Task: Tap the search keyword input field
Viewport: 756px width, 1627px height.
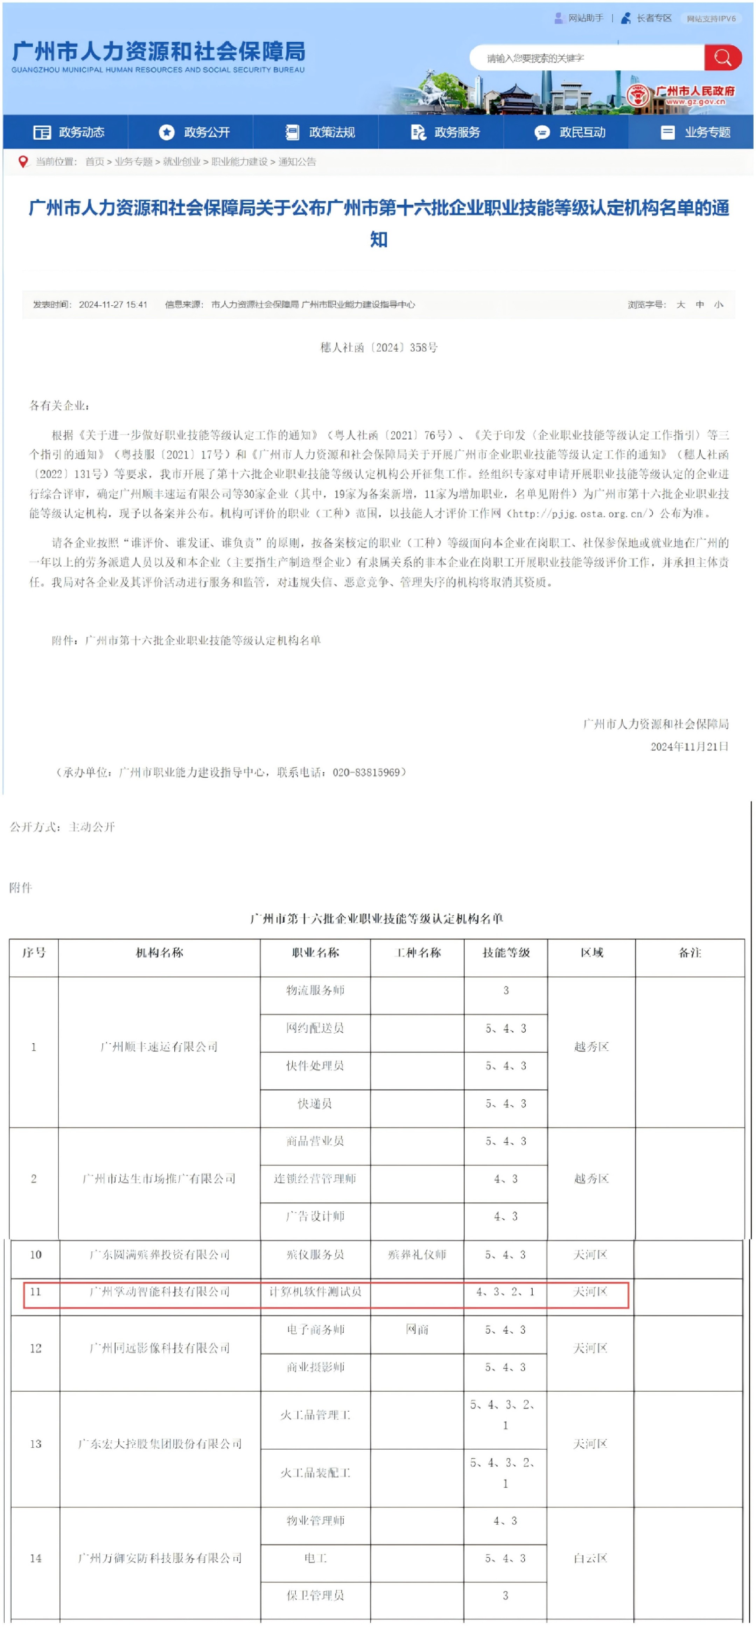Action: coord(587,58)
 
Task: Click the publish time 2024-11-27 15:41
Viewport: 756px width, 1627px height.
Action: coord(113,305)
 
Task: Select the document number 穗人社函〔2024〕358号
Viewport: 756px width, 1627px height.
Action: coord(378,347)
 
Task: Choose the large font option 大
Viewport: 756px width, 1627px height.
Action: coord(680,305)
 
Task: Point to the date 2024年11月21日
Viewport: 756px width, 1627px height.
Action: coord(689,746)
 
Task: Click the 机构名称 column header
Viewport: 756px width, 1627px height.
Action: coord(159,952)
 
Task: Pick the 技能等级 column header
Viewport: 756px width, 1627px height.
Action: coord(505,952)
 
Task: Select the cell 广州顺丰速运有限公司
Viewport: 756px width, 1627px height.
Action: coord(159,1047)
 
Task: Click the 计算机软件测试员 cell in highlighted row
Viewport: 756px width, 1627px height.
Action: coord(315,1292)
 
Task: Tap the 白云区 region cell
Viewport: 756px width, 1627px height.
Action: coord(590,1558)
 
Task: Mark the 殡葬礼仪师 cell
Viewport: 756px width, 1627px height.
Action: coord(417,1254)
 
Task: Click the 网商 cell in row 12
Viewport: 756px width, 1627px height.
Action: coord(417,1329)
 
